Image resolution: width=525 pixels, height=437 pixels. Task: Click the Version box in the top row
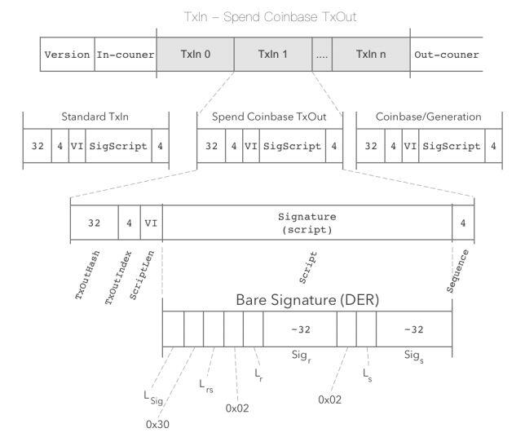coord(68,55)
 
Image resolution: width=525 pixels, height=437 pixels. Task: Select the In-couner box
coord(126,55)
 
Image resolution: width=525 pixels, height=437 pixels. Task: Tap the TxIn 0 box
coord(195,55)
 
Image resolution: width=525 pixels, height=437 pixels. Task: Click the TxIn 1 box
coord(273,55)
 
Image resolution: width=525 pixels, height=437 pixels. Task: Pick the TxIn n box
coord(371,55)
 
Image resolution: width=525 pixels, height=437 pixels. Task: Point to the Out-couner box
coord(446,55)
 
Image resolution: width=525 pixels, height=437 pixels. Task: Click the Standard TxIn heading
coord(95,117)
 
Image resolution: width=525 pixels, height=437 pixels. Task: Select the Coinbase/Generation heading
coord(429,117)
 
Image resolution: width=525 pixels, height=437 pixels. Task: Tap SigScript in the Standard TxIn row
coord(118,146)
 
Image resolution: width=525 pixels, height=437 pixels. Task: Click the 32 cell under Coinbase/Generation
coord(371,146)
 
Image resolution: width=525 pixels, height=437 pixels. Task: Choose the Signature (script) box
coord(307,223)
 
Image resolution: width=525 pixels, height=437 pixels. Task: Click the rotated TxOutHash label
coord(87,275)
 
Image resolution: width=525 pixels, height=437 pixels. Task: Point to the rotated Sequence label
coord(457,271)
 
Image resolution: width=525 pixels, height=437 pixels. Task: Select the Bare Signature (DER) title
coord(307,300)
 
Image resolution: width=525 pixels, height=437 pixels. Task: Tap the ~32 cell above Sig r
coord(300,329)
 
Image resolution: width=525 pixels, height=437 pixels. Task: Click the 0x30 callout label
coord(157,424)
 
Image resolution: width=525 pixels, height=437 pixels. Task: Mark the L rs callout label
coord(206,386)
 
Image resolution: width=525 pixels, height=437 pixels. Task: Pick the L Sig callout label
coord(153,398)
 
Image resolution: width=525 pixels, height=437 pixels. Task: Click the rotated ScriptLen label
coord(142,275)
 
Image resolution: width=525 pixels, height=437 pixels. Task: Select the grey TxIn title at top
coord(270,17)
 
